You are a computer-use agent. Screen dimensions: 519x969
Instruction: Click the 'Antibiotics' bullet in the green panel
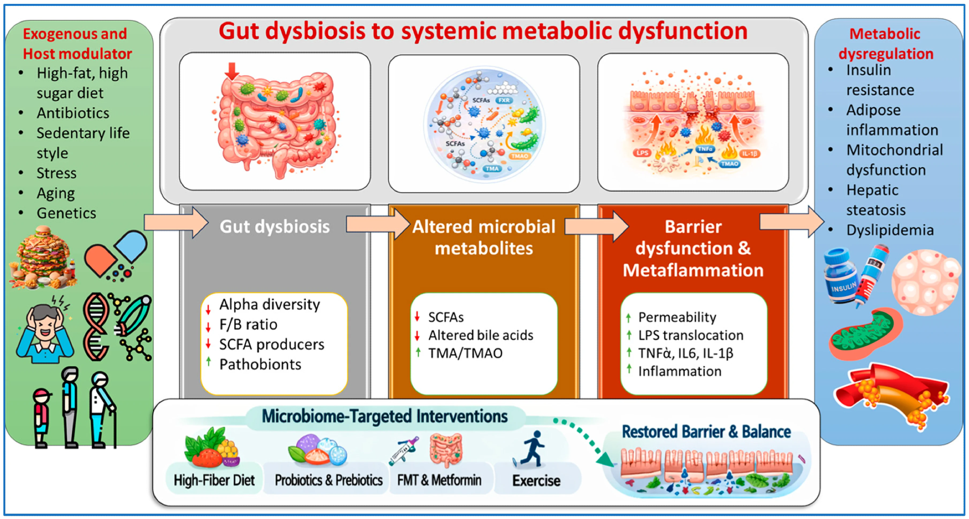[x=73, y=113]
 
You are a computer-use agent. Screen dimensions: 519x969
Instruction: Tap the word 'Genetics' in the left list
[x=66, y=213]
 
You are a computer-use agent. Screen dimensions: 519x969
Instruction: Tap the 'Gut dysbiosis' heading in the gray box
[x=274, y=226]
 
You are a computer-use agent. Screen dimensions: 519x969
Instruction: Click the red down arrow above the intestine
[x=232, y=71]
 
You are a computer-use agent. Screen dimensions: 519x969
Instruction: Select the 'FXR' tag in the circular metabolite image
[x=504, y=100]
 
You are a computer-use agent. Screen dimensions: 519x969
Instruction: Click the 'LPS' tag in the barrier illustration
[x=642, y=153]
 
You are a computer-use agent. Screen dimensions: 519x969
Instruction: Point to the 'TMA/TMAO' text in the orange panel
[x=465, y=353]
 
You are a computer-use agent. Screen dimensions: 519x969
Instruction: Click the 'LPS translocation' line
[x=690, y=335]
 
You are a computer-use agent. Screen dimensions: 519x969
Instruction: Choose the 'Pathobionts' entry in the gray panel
[x=260, y=364]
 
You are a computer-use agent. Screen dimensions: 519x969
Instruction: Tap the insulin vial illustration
[x=841, y=276]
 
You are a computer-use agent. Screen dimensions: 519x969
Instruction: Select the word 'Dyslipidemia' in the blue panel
[x=890, y=230]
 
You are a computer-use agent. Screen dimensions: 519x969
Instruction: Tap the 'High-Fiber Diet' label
[x=214, y=480]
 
